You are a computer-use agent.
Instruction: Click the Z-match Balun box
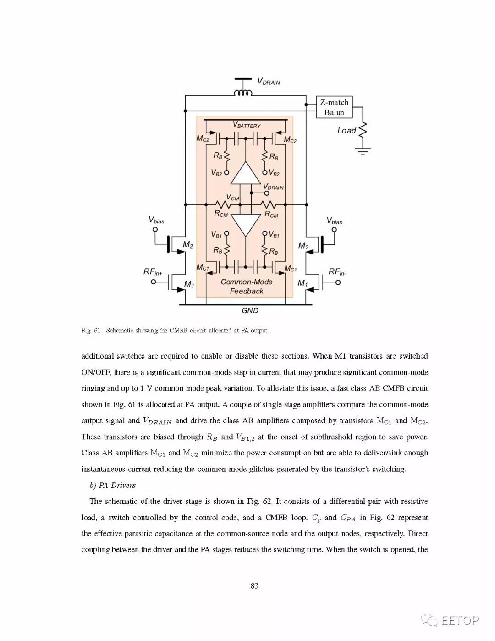coord(334,107)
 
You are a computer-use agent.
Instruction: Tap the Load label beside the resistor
coord(346,131)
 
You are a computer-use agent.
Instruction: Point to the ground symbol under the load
coord(363,151)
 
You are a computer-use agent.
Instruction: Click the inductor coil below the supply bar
coord(243,93)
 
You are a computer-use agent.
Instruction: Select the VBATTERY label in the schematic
coord(247,125)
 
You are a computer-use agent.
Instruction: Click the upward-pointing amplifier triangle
coord(246,173)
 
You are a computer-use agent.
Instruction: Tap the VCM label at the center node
coord(233,198)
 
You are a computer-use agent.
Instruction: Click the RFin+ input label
coord(153,272)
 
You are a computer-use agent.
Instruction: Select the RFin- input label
coord(337,272)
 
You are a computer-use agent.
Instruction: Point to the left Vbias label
coord(156,220)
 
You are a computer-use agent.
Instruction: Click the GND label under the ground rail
coord(250,311)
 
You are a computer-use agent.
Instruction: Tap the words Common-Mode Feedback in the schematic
coord(247,287)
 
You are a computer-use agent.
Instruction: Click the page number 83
coord(254,586)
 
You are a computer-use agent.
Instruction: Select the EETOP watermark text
coord(460,621)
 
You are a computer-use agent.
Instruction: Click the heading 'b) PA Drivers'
coord(112,485)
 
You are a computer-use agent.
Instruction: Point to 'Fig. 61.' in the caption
coord(91,331)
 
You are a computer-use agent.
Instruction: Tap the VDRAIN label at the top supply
coord(269,82)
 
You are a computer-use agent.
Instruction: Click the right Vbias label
coord(335,221)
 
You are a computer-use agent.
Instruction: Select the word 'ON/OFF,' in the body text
coord(95,372)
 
